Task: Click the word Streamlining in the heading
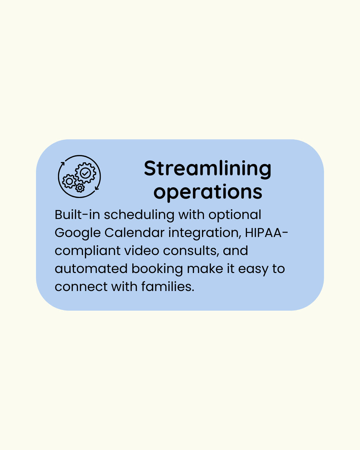click(x=208, y=169)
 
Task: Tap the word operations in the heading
click(x=208, y=192)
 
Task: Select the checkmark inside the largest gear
click(x=85, y=173)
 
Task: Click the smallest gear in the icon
click(x=80, y=188)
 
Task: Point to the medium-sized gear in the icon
click(x=69, y=181)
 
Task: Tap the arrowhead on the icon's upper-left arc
click(x=62, y=163)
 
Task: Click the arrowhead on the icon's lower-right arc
click(x=97, y=188)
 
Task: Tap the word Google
click(x=78, y=233)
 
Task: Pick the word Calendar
click(x=135, y=233)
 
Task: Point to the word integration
click(x=205, y=233)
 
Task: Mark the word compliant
click(x=88, y=251)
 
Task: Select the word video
click(x=142, y=251)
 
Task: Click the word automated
click(x=91, y=269)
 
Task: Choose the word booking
click(x=157, y=269)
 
